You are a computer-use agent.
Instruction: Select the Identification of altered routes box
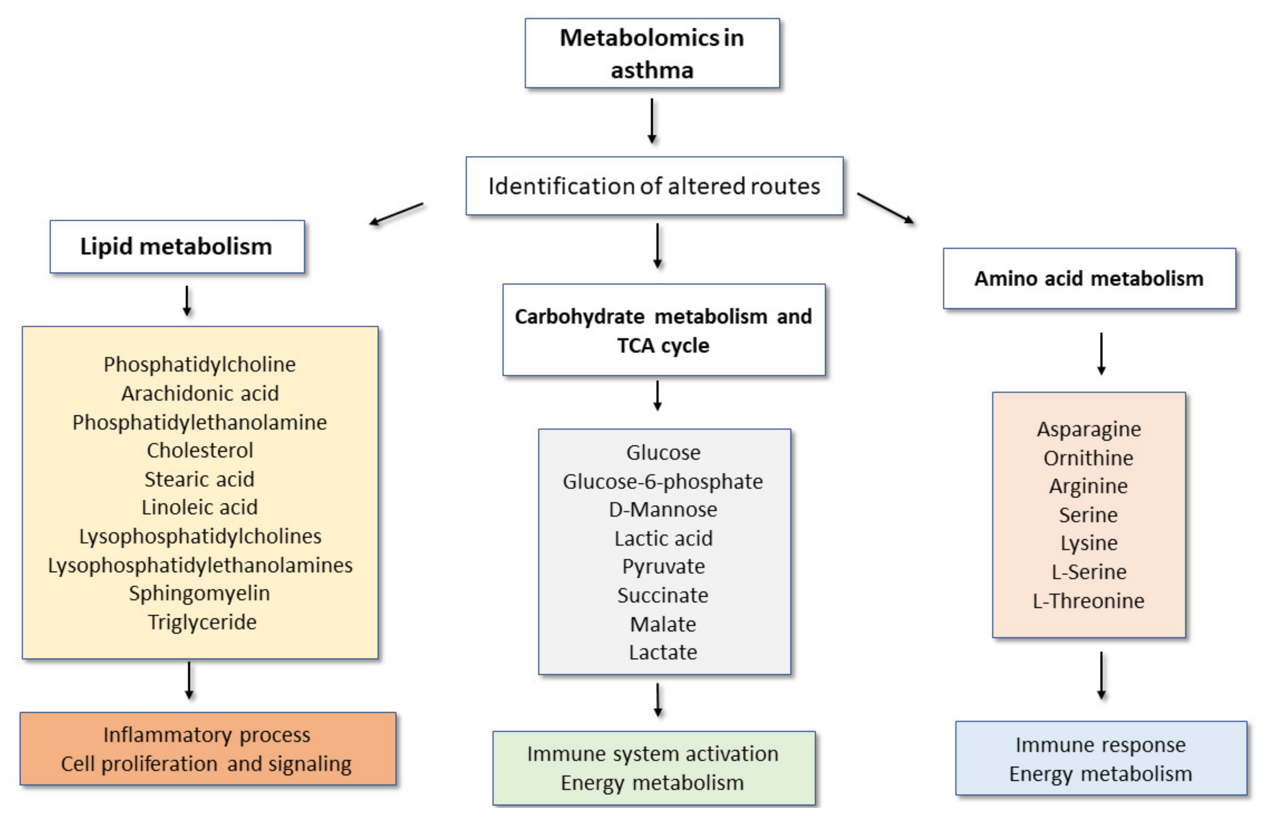(x=654, y=186)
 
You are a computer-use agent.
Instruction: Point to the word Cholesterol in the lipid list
(x=200, y=450)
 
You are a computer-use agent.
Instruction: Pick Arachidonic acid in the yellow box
(x=200, y=393)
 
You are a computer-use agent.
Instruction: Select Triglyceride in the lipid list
(x=202, y=621)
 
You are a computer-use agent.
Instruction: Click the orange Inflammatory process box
(x=208, y=749)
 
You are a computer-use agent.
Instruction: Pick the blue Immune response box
(x=1100, y=759)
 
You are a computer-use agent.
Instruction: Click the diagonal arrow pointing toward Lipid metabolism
(x=396, y=213)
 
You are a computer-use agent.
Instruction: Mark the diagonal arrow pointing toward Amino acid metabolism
(x=885, y=208)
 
